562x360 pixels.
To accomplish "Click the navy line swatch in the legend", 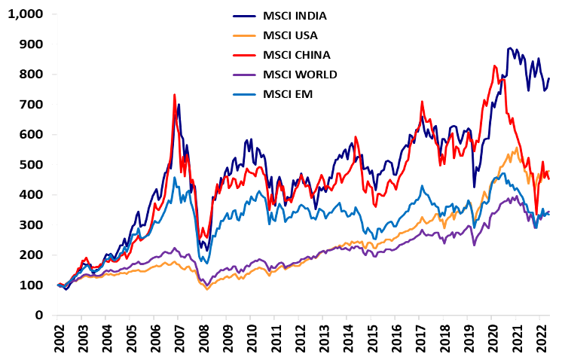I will click(244, 16).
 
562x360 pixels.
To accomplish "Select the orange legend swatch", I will click(244, 35).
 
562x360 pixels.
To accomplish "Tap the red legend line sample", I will click(244, 55).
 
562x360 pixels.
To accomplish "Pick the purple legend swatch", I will click(244, 75).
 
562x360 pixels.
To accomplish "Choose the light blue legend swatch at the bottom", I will click(244, 94).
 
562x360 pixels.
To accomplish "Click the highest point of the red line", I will click(495, 66).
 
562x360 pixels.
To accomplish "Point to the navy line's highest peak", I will click(511, 48).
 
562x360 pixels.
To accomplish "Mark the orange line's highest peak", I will click(517, 148).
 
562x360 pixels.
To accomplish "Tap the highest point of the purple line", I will click(516, 196).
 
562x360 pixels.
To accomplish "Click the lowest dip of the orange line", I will click(207, 288).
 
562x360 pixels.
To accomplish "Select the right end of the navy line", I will click(548, 78).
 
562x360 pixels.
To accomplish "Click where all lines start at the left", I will click(59, 285).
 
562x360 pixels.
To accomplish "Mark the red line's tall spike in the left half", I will click(175, 94).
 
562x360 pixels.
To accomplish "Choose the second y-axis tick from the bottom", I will click(54, 285).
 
